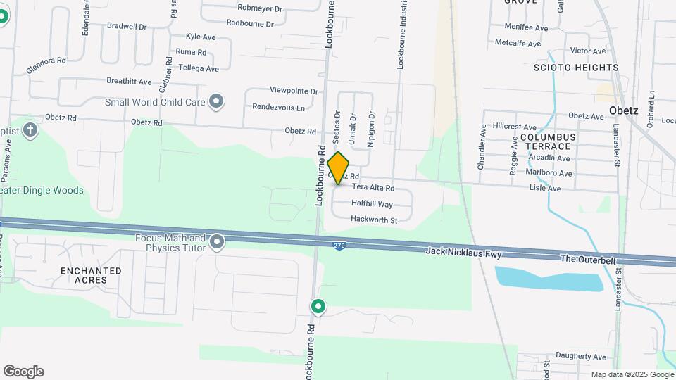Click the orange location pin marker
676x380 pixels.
(338, 167)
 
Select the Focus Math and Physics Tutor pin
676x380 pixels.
(217, 243)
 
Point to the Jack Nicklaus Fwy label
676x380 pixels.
(464, 252)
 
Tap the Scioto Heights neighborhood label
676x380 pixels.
(575, 68)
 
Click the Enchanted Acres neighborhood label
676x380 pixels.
(91, 275)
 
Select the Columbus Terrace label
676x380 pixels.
(549, 141)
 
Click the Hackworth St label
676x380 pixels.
(374, 220)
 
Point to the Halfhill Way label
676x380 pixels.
(372, 204)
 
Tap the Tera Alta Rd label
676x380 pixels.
(373, 188)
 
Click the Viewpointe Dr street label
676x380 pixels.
(294, 91)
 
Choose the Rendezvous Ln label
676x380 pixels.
(279, 108)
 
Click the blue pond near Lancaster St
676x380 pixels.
(549, 279)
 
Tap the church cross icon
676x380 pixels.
(30, 129)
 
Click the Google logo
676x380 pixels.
(23, 372)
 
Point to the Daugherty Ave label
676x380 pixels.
(580, 357)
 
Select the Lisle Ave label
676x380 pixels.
(545, 189)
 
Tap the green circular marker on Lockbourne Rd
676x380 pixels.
(318, 306)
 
